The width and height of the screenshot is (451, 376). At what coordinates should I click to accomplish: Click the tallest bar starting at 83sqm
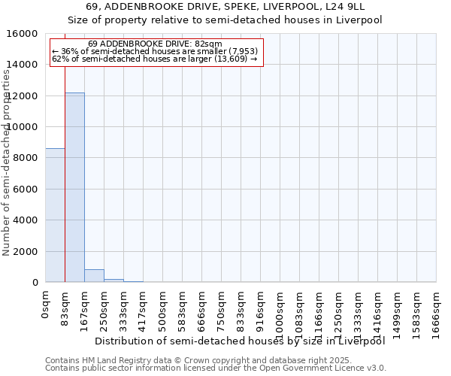tap(74, 187)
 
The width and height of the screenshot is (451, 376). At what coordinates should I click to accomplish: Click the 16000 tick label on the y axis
tap(23, 34)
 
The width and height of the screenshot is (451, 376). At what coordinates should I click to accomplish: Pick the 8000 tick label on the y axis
tap(26, 158)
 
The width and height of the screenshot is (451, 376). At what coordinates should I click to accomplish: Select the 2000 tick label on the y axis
tap(26, 251)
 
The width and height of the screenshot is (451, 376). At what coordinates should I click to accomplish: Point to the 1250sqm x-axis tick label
tap(338, 310)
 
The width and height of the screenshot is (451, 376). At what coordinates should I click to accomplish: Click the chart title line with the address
tap(225, 8)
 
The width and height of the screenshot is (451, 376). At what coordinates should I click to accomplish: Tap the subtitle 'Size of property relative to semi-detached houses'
tap(225, 20)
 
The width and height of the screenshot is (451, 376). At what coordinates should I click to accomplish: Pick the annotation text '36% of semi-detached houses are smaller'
tap(155, 51)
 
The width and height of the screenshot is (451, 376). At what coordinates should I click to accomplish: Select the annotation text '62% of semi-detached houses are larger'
tap(155, 59)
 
